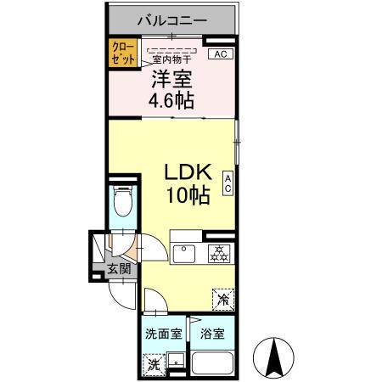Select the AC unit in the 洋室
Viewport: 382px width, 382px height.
[x=219, y=54]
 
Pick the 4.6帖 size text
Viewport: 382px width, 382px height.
[x=171, y=101]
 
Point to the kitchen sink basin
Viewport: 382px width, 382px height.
[x=184, y=252]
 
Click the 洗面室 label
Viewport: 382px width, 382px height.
[x=162, y=334]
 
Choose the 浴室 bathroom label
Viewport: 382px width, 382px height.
[x=211, y=334]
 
